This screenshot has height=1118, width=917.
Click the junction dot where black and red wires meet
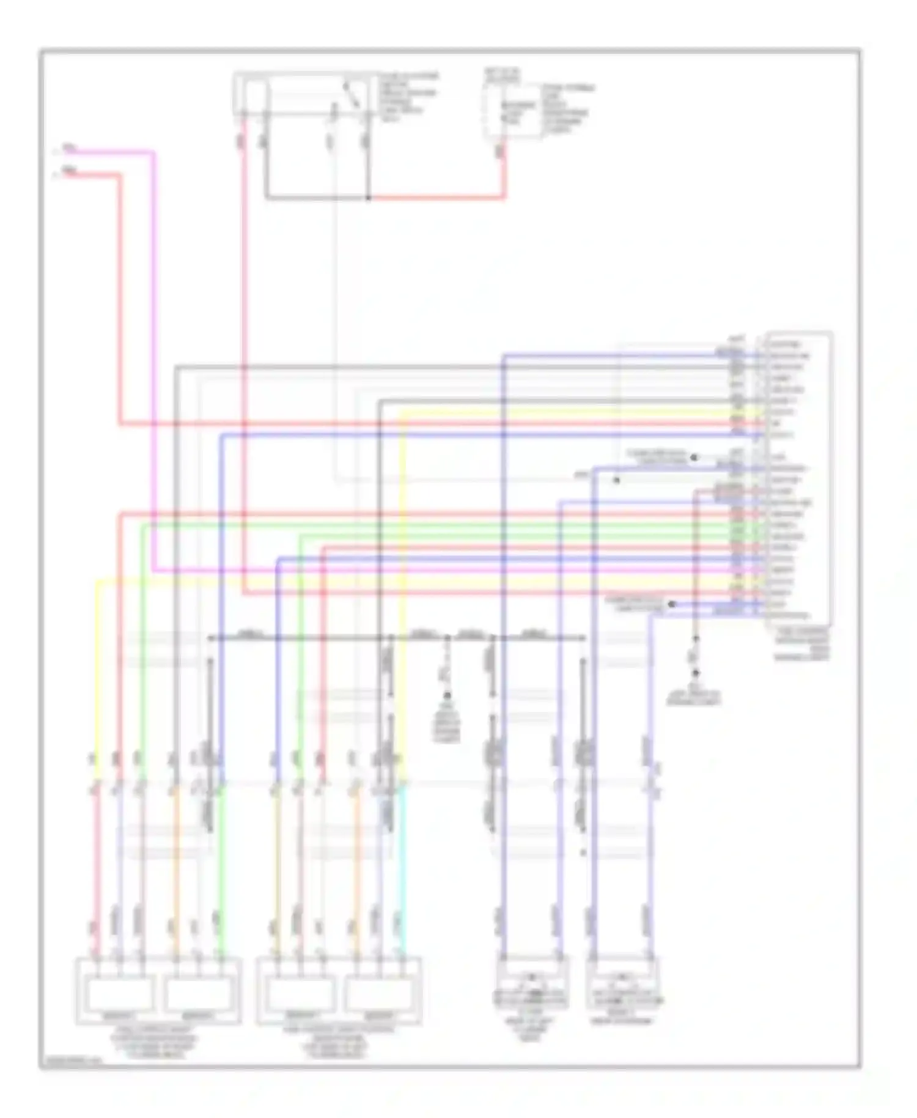(368, 198)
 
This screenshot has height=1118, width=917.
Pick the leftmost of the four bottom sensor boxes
(120, 993)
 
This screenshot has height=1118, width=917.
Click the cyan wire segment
(402, 868)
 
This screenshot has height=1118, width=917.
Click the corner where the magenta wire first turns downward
(153, 152)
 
